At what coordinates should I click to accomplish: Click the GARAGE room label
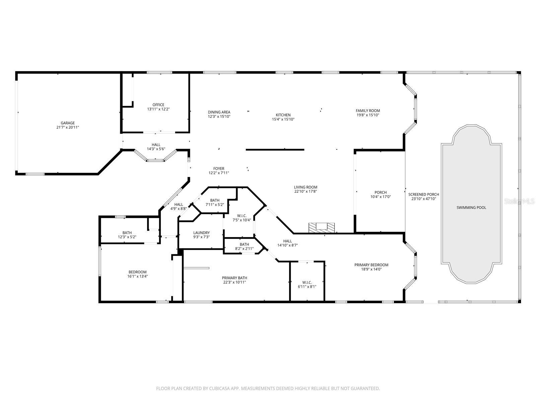point(68,123)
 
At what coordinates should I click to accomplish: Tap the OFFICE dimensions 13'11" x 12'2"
point(158,109)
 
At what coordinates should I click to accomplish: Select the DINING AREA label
point(219,112)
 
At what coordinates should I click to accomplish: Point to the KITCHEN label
point(283,115)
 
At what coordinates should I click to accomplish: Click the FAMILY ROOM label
point(367,111)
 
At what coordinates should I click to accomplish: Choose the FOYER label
point(219,169)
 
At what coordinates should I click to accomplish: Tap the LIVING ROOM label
point(306,187)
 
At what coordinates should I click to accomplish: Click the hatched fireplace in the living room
point(322,227)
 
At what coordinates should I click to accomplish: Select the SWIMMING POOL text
point(471,208)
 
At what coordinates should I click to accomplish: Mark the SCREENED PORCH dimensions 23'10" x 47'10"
point(423,199)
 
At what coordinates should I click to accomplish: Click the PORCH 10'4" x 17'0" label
point(381,195)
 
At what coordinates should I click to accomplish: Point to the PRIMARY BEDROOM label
point(371,265)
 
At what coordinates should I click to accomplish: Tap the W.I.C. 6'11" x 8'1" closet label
point(307,284)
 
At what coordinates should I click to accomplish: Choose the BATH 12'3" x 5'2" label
point(127,234)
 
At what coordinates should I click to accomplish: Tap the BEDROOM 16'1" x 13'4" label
point(137,274)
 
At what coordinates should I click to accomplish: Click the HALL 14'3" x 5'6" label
point(156,147)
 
